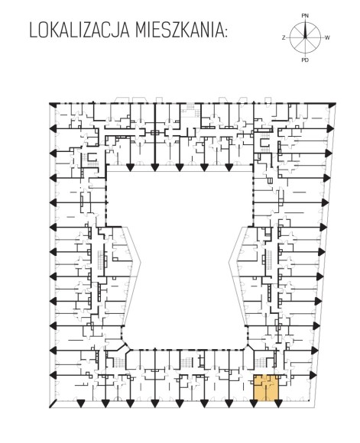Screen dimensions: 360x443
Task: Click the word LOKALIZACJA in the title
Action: pyautogui.click(x=79, y=31)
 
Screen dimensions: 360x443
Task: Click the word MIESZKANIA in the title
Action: pyautogui.click(x=178, y=31)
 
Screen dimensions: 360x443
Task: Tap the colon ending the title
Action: pyautogui.click(x=225, y=33)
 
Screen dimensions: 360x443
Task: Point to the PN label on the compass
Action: pyautogui.click(x=305, y=16)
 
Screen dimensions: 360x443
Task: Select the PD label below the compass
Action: pyautogui.click(x=305, y=60)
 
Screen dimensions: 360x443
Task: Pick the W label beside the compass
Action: pyautogui.click(x=327, y=37)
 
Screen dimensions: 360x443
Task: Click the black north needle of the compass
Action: pyautogui.click(x=305, y=29)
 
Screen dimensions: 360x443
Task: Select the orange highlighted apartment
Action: pyautogui.click(x=266, y=388)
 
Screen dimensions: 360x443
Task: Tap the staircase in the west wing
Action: pyautogui.click(x=101, y=260)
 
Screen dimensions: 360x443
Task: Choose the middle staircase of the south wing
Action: pyautogui.click(x=186, y=362)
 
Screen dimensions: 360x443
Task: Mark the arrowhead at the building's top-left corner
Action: pyautogui.click(x=53, y=105)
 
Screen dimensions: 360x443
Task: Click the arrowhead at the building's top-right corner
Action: pyautogui.click(x=332, y=105)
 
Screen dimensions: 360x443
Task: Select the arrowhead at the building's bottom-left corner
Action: pyautogui.click(x=53, y=403)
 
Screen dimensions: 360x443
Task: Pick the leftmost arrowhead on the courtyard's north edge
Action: pyautogui.click(x=130, y=167)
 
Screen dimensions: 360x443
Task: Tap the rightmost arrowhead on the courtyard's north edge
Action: pyautogui.click(x=229, y=167)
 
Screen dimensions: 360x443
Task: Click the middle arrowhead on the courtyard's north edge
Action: pyautogui.click(x=180, y=167)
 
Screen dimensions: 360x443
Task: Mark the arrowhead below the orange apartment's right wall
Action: pyautogui.click(x=278, y=404)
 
